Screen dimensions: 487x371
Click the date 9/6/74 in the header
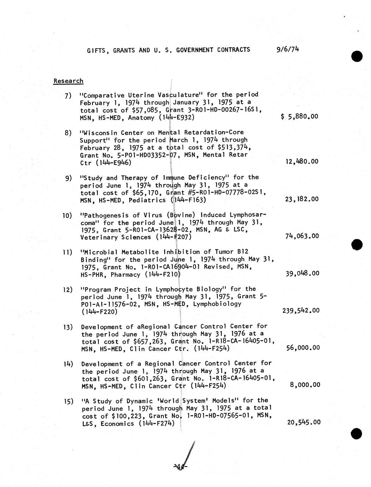coord(288,49)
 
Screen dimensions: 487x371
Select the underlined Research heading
coord(68,81)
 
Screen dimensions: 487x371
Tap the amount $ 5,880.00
coord(299,116)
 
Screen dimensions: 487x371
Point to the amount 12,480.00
coord(301,162)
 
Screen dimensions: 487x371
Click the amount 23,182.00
coord(301,199)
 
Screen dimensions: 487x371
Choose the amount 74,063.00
coord(302,236)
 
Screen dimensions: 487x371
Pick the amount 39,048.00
coord(302,273)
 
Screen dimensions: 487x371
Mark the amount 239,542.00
coord(301,311)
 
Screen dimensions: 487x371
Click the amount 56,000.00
coord(303,348)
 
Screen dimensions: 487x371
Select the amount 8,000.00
coord(305,385)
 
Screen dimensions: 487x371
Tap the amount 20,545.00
coord(304,422)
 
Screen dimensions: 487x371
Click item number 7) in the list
coord(68,95)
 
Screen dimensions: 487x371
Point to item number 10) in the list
coord(67,215)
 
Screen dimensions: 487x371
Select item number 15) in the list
coord(68,401)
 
